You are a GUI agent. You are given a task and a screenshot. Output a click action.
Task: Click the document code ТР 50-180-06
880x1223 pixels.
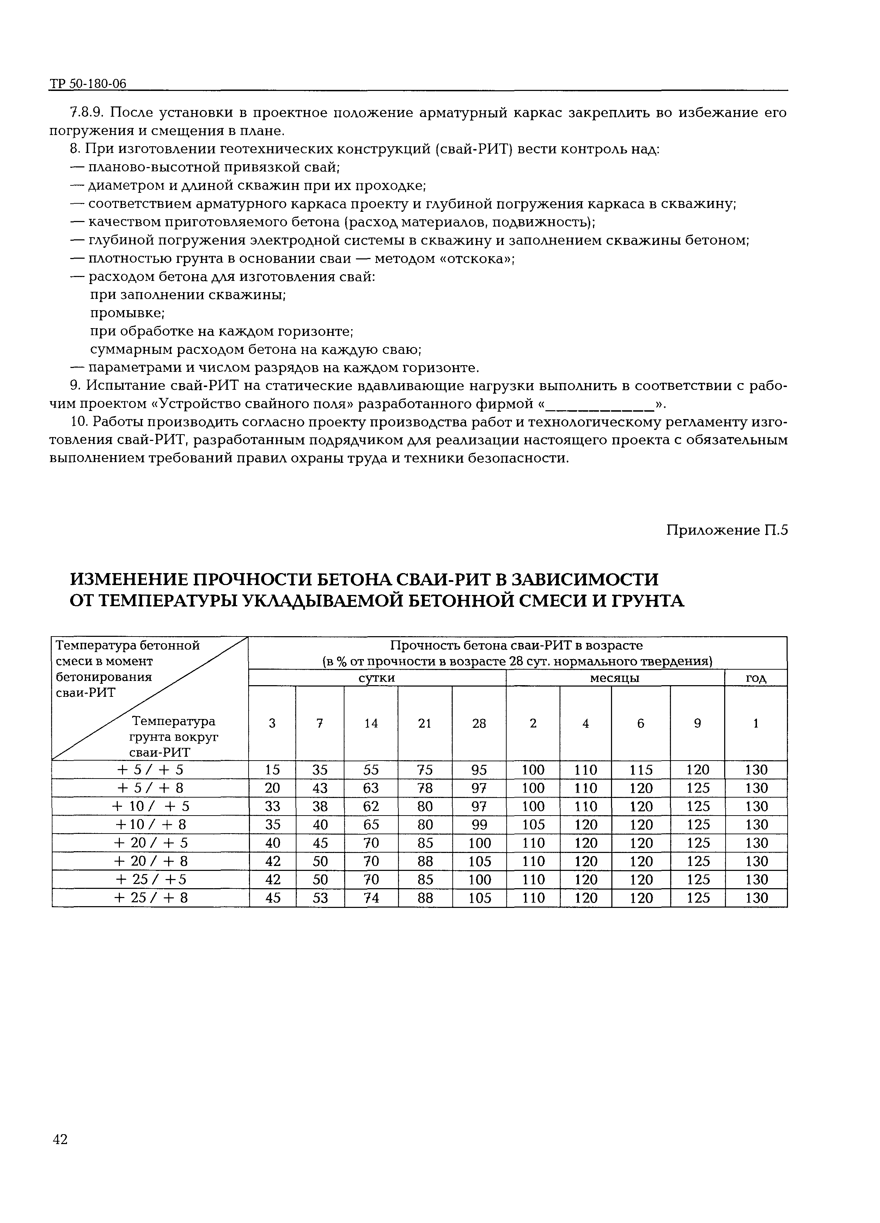point(88,84)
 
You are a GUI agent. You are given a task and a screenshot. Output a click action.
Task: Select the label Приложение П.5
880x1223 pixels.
point(727,530)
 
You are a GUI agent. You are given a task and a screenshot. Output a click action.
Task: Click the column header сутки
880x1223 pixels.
point(377,678)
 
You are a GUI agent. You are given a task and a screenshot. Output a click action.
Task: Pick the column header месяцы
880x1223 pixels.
point(615,678)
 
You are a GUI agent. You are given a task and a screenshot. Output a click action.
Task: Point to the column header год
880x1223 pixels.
point(755,678)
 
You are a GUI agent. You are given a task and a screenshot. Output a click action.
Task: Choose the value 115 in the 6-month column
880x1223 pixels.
point(641,769)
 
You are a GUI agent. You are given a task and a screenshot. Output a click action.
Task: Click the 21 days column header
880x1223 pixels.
point(424,723)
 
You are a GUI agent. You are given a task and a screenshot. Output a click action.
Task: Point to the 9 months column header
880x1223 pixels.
point(697,723)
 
